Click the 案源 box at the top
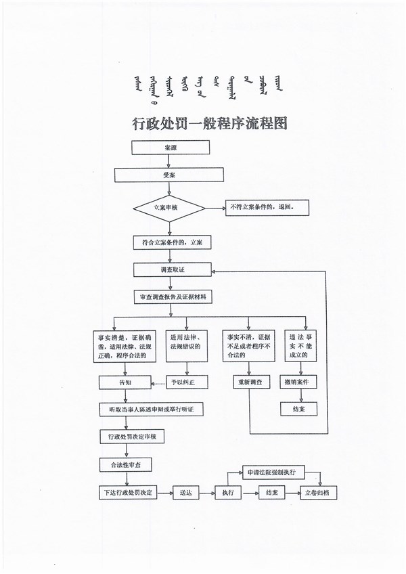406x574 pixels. pyautogui.click(x=170, y=148)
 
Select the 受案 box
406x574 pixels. pyautogui.click(x=169, y=175)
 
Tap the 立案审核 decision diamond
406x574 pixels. pyautogui.click(x=169, y=208)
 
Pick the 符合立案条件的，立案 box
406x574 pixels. pyautogui.click(x=169, y=242)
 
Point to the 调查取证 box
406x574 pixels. pyautogui.click(x=173, y=269)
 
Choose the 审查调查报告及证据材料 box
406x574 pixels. pyautogui.click(x=173, y=296)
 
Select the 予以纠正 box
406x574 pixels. pyautogui.click(x=189, y=382)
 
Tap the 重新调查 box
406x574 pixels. pyautogui.click(x=251, y=382)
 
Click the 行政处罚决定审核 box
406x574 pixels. pyautogui.click(x=133, y=437)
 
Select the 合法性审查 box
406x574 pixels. pyautogui.click(x=121, y=465)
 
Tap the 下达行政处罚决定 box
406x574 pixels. pyautogui.click(x=128, y=492)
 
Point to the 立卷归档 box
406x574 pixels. pyautogui.click(x=321, y=492)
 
